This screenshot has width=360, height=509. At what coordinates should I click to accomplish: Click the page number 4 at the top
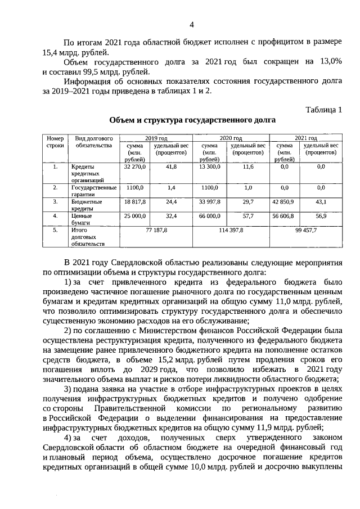pyautogui.click(x=191, y=25)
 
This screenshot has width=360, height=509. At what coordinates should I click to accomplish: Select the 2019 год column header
pyautogui.click(x=156, y=138)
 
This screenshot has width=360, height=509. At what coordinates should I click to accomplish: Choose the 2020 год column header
pyautogui.click(x=231, y=138)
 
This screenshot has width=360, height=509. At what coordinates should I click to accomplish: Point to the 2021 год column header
pyautogui.click(x=305, y=138)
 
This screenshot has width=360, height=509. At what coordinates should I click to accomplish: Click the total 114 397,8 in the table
pyautogui.click(x=231, y=230)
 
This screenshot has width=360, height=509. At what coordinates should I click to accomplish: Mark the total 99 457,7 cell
pyautogui.click(x=305, y=230)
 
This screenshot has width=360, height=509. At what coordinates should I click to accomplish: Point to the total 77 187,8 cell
pyautogui.click(x=156, y=230)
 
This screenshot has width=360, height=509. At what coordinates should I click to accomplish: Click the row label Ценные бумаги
pyautogui.click(x=82, y=219)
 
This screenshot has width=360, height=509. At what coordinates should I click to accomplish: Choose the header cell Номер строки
pyautogui.click(x=55, y=142)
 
